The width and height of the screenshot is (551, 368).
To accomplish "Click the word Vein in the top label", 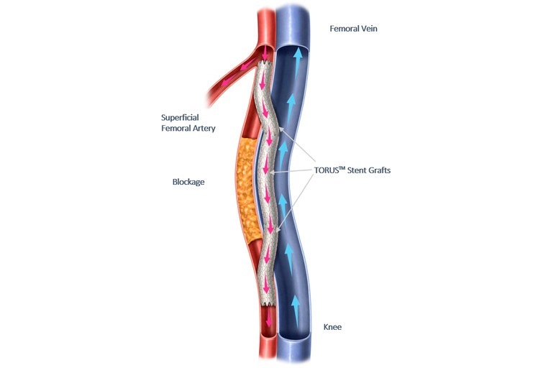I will tap(366, 29).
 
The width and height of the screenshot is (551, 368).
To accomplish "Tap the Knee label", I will tap(332, 327).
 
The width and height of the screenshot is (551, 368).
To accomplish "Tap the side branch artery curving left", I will tap(224, 83).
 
